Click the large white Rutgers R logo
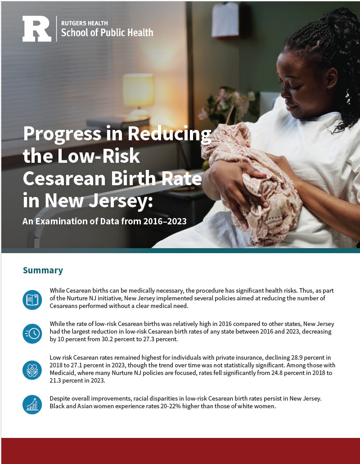tap(37, 29)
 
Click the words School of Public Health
tap(107, 32)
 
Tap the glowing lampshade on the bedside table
tap(138, 90)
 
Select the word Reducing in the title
tap(169, 134)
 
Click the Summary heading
tap(43, 270)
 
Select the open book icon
tap(32, 300)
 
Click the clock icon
tap(32, 334)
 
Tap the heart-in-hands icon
tap(32, 370)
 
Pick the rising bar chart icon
tap(32, 405)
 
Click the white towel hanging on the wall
tap(225, 20)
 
